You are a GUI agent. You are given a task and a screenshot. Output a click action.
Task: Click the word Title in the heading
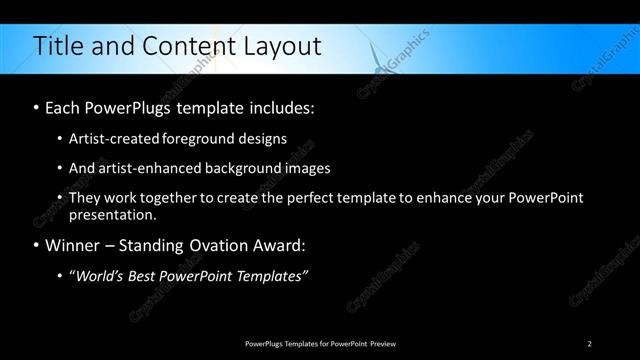click(x=57, y=46)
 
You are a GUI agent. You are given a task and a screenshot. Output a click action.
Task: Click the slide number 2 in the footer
click(x=590, y=344)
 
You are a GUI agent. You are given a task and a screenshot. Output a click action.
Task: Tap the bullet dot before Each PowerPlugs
click(x=36, y=105)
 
